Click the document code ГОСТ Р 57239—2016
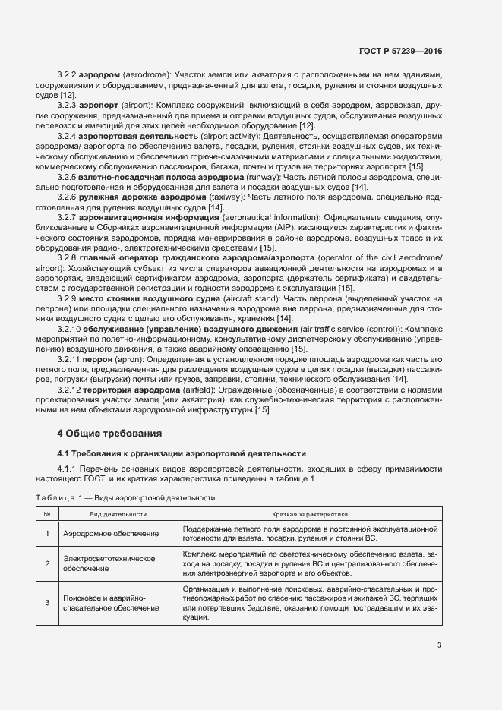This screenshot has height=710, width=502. coord(401,51)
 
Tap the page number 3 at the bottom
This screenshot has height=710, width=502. coord(440,647)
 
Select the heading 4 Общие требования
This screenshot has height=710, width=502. coord(110,434)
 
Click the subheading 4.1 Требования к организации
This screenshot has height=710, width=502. coord(182,453)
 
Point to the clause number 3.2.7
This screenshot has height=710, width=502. coord(68,218)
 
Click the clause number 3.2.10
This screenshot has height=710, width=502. coord(70,329)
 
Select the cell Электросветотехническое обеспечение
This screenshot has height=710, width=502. coord(109,563)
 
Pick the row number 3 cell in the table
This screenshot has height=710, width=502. coord(47,603)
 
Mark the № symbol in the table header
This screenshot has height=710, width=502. coord(47,514)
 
